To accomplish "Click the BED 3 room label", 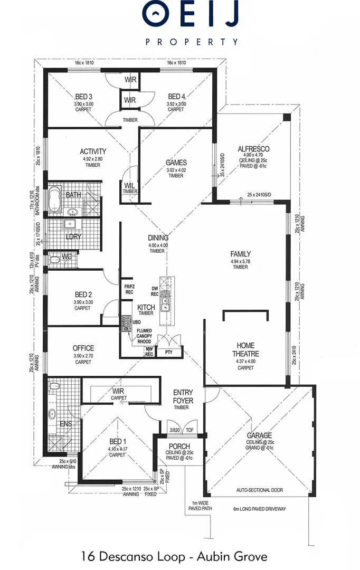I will (84, 97).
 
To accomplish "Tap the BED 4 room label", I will (176, 97).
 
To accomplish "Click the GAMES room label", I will (176, 163).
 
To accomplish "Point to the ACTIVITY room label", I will (93, 151).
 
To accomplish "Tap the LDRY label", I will (73, 236).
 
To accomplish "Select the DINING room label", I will (158, 238).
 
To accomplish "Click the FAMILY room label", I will (240, 254).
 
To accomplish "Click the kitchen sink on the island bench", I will (165, 302).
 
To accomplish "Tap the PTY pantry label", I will (169, 352).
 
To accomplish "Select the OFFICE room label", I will (83, 348).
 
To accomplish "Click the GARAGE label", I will (259, 435).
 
